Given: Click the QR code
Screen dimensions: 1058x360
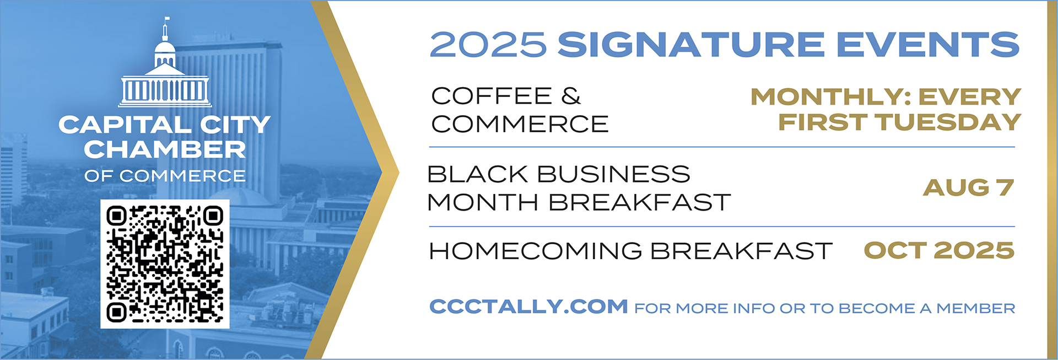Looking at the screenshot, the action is click(165, 264).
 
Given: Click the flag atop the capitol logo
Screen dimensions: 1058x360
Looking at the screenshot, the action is click(167, 20).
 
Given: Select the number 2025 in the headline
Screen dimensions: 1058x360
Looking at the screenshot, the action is click(488, 44).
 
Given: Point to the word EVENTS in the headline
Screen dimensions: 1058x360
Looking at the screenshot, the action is click(929, 44).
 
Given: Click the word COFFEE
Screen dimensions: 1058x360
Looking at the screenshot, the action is click(492, 96).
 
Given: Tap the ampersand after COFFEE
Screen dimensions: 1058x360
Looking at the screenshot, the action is click(571, 96).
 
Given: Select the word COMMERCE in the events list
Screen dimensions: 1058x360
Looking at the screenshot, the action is click(520, 124).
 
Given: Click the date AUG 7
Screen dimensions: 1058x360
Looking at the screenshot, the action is click(968, 187).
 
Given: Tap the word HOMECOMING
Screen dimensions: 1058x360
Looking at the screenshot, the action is click(536, 251).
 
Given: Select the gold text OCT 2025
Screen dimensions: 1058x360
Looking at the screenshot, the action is click(939, 251).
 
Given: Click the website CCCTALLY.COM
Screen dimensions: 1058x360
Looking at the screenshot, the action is click(528, 307).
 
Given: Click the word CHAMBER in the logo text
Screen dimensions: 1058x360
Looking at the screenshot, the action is click(165, 149).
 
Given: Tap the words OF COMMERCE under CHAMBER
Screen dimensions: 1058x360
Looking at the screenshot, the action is click(165, 176).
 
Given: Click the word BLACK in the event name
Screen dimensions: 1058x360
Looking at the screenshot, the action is click(478, 174).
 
